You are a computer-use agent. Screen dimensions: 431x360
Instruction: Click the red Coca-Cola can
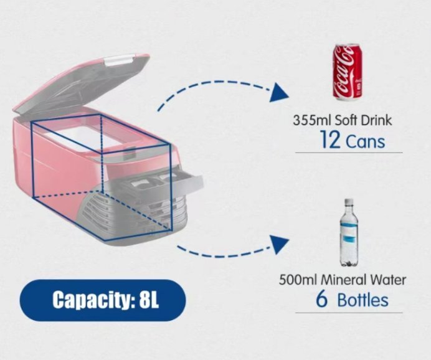tap(347, 72)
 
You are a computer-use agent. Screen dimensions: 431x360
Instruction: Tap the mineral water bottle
tap(349, 232)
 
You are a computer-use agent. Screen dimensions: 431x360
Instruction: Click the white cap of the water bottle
tap(349, 202)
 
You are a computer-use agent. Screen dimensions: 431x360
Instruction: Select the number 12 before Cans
tap(330, 140)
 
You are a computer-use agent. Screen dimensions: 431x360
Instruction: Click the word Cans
tap(366, 141)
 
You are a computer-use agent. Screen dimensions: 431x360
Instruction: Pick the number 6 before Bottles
tap(321, 299)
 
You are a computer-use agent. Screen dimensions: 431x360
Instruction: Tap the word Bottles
tap(363, 300)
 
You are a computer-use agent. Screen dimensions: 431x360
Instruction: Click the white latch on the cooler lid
tap(118, 60)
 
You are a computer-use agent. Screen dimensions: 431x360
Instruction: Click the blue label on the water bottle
tap(349, 232)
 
